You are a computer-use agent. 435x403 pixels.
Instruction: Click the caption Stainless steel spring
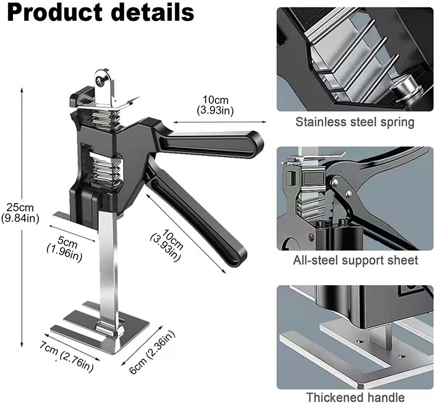point(355,122)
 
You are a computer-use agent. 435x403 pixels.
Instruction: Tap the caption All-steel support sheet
point(355,260)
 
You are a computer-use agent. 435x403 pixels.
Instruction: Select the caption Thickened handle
point(355,397)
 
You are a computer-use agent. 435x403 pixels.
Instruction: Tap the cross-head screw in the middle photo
point(312,237)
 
